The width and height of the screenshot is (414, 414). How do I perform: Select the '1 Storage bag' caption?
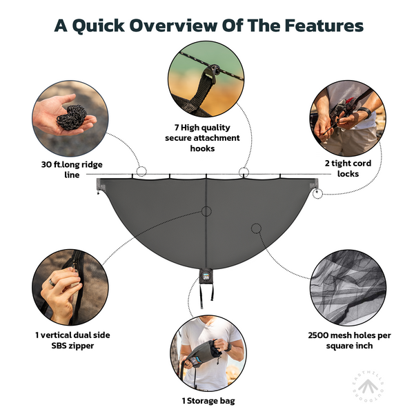click(206, 401)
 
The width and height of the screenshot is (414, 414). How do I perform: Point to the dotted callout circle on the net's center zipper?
click(206, 211)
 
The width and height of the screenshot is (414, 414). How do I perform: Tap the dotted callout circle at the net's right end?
click(317, 193)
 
